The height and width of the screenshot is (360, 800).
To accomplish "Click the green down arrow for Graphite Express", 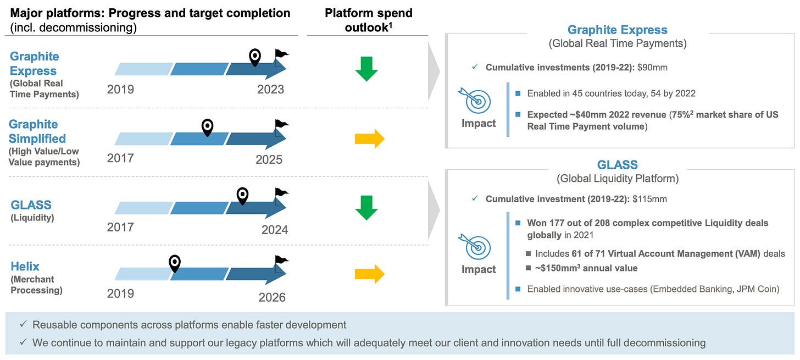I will coord(366,69).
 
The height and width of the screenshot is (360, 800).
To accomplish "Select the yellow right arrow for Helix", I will coord(369,274).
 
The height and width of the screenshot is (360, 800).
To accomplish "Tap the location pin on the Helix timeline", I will coord(175,264).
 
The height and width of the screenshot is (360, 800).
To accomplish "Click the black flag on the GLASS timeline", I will coord(281,193).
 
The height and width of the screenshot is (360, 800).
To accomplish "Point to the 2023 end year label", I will coord(270,89).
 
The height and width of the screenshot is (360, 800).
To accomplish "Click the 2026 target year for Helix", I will coord(272,297).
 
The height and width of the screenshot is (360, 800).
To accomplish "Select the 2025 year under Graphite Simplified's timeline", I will coord(269,159).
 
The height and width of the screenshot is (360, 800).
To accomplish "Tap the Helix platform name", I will coord(25,267).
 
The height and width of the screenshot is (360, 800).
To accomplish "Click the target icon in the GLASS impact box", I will coord(478,248).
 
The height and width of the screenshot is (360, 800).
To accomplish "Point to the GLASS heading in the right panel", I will coord(617,165).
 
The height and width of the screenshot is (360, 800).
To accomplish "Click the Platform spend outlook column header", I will coord(368,20).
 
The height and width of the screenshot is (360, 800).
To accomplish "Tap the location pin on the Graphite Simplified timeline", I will coord(207,128).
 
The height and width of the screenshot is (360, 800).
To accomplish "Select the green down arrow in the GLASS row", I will coord(366,207).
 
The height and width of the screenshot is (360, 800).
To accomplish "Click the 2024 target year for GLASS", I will coord(275,229).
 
